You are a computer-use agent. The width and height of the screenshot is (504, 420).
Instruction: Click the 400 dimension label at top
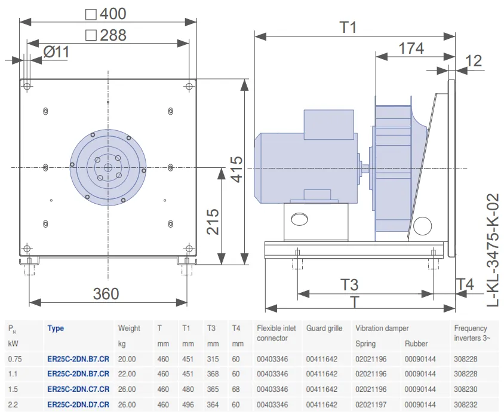point(113,14)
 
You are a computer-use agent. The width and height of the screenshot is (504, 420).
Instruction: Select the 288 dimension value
point(113,35)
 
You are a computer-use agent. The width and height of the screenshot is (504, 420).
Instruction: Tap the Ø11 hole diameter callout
point(56,52)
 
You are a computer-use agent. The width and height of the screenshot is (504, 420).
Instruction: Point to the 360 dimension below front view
point(106,294)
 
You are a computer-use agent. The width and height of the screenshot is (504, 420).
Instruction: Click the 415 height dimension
point(237,170)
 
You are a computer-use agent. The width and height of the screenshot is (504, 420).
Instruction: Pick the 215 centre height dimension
point(213,222)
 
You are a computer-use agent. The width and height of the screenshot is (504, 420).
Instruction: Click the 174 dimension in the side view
point(411,48)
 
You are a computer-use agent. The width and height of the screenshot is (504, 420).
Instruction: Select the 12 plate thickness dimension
point(474,61)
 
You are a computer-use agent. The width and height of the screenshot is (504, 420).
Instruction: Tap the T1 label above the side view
point(348,27)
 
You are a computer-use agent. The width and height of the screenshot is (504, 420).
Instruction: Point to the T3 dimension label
point(349,285)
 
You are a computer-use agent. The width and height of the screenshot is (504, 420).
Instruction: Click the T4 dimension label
point(465,284)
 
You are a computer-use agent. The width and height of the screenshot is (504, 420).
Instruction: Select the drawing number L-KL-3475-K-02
point(493,250)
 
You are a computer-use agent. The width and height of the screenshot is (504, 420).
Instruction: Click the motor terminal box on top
point(329,124)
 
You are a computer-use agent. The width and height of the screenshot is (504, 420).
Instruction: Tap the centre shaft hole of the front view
point(108,167)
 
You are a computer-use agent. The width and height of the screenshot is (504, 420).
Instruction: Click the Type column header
point(56,329)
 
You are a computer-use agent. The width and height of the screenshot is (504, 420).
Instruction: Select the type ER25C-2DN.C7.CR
point(78,389)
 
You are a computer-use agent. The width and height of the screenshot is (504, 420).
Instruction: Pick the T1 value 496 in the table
point(188,404)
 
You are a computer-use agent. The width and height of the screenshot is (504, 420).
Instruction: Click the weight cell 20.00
point(127,359)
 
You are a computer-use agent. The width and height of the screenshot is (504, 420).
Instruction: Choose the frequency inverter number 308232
point(466,404)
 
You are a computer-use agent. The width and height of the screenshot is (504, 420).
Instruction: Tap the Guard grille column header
point(324,329)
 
